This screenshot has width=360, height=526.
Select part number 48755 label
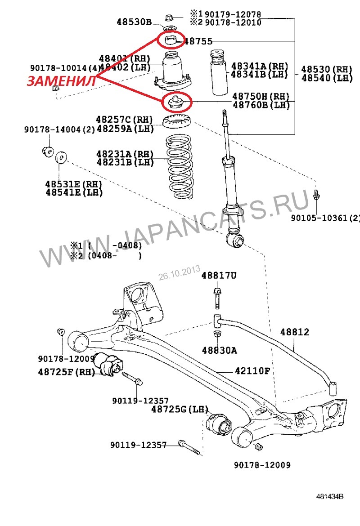pyautogui.click(x=198, y=41)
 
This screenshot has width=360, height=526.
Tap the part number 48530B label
pyautogui.click(x=135, y=22)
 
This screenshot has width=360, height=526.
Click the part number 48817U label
pyautogui.click(x=219, y=275)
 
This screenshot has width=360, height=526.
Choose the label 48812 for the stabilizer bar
pyautogui.click(x=295, y=332)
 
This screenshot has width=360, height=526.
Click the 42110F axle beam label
pyautogui.click(x=252, y=371)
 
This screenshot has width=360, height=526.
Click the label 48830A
pyautogui.click(x=219, y=350)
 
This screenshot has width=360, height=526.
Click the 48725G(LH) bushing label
pyautogui.click(x=180, y=410)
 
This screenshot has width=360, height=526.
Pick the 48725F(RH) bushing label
pyautogui.click(x=65, y=372)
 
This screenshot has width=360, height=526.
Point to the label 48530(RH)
pyautogui.click(x=327, y=69)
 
